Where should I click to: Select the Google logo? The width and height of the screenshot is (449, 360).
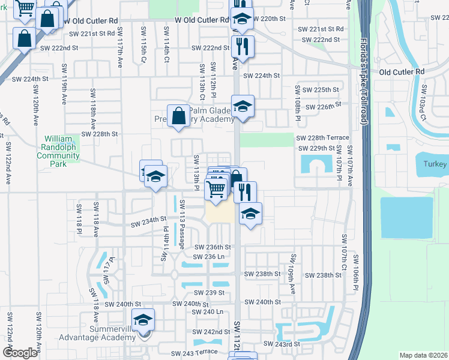point(19,353)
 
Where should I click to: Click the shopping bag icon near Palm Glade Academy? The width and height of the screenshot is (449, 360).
point(179,116)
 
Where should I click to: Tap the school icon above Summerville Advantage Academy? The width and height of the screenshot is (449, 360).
point(143,322)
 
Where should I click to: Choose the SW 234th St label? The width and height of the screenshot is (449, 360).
point(148,223)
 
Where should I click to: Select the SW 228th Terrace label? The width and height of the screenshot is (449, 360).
point(322,137)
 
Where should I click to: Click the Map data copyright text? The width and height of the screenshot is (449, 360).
point(424,355)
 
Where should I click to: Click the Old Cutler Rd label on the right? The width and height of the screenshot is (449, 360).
point(402,72)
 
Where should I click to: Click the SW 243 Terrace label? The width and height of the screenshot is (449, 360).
point(194,354)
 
